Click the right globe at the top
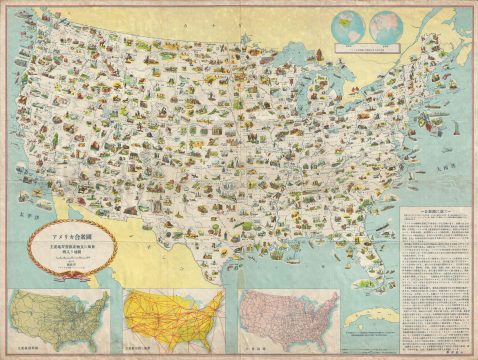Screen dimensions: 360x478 [381, 22]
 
